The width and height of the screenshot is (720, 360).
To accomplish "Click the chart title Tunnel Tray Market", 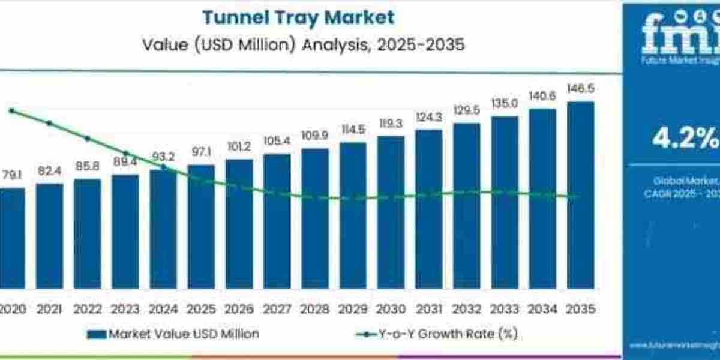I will click(x=298, y=17).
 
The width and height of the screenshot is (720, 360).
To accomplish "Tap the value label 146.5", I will click(x=580, y=89).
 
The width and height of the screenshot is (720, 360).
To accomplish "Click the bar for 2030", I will click(x=391, y=216).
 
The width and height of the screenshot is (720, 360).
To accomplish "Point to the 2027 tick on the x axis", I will click(x=277, y=309).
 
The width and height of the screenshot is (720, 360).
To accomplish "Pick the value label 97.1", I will click(x=201, y=152).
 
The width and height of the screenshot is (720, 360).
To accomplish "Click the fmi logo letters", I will click(x=681, y=36).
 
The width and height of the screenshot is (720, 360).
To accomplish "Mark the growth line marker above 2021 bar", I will click(x=49, y=123).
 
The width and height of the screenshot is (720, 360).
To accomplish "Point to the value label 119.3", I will click(x=391, y=124).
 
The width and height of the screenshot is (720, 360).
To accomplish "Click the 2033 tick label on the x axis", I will click(x=505, y=309).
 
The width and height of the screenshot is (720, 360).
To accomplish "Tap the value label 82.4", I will click(x=49, y=172).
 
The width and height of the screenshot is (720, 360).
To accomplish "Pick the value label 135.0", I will click(x=505, y=104).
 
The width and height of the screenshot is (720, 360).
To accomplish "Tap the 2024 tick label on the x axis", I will click(x=163, y=309).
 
